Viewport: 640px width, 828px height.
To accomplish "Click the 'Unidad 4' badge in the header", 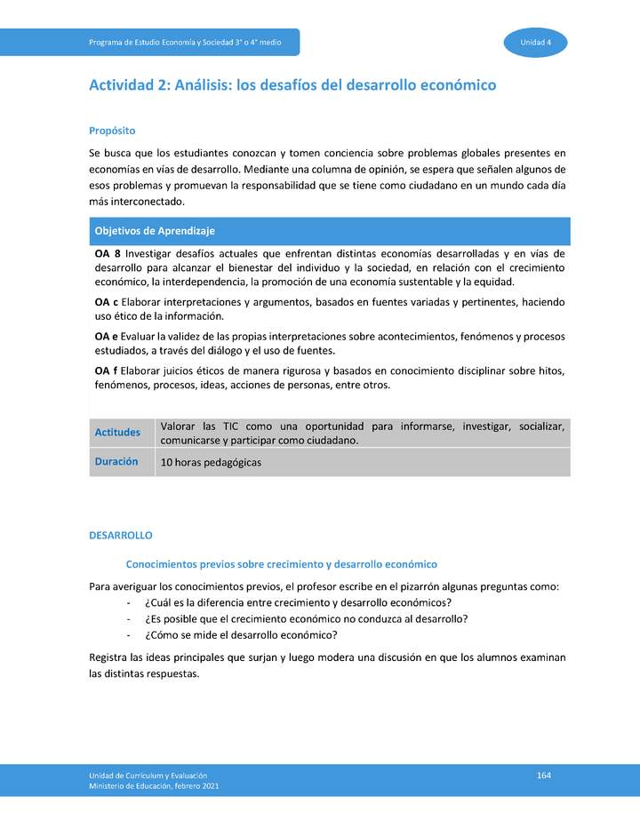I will pos(536,43).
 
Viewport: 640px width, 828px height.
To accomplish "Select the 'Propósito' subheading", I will pos(112,130).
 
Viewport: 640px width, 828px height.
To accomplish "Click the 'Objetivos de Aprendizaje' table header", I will pos(155,231).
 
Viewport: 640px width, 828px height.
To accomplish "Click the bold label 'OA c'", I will pos(107,303).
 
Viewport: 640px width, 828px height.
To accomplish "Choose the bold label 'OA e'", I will pos(107,337).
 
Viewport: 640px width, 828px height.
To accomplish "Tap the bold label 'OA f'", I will pos(106,370).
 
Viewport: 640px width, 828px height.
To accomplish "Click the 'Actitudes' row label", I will pos(117,433).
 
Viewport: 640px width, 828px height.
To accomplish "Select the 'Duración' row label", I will pos(116,462).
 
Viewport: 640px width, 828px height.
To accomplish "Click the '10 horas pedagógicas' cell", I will pos(211,463).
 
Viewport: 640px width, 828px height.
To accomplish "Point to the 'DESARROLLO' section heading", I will pos(121,536).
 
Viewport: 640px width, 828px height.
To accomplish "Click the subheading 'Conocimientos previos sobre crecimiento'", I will pos(281,564).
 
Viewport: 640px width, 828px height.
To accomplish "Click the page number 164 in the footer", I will pos(544,776).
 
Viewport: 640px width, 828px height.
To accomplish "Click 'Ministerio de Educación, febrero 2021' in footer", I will pos(154,786).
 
